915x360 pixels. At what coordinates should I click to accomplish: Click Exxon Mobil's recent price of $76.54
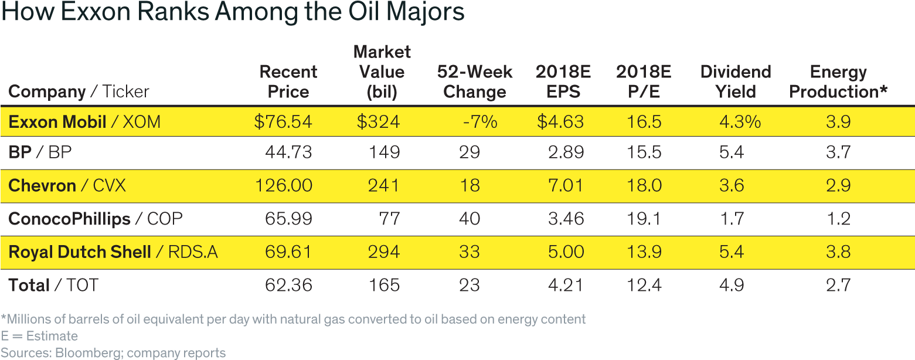click(x=283, y=121)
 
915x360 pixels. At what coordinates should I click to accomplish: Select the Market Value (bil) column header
click(x=382, y=72)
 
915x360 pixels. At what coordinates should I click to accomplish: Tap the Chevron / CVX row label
click(x=67, y=186)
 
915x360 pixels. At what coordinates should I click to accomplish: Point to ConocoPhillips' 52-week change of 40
click(x=470, y=219)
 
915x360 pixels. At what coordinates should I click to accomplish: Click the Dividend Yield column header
click(x=736, y=81)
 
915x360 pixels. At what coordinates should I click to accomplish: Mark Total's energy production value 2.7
click(x=838, y=286)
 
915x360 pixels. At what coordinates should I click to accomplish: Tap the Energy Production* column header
click(x=838, y=81)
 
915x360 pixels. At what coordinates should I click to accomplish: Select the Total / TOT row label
click(x=53, y=286)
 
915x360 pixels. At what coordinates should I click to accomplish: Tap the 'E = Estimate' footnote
click(x=39, y=336)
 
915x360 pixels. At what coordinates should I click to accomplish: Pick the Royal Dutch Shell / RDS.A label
click(x=113, y=252)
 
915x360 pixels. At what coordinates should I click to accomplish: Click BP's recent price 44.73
click(x=288, y=152)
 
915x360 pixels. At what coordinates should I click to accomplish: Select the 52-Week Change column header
click(x=475, y=81)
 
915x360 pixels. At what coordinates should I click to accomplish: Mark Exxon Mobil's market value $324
click(x=379, y=121)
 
